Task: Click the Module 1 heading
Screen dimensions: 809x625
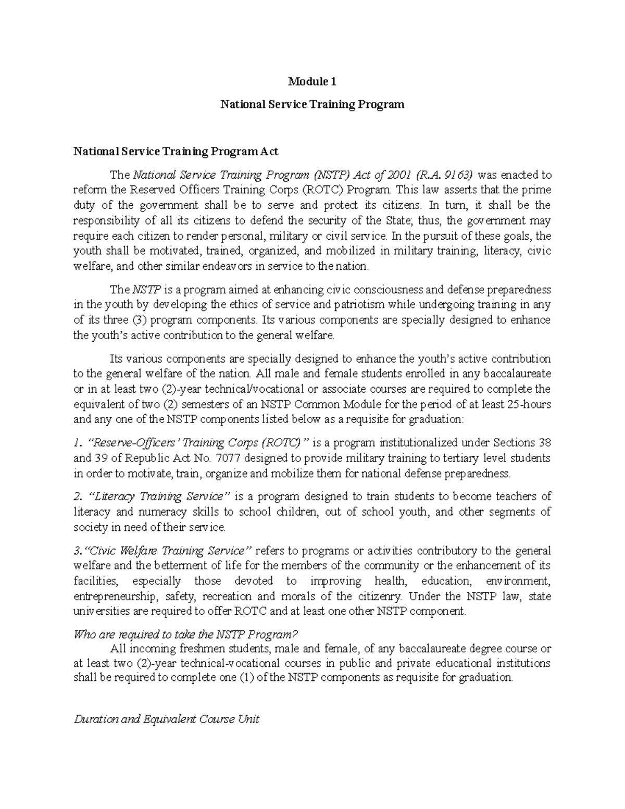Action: pyautogui.click(x=312, y=82)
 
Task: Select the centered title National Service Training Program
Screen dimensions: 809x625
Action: pyautogui.click(x=312, y=105)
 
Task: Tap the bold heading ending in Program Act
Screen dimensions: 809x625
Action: pyautogui.click(x=176, y=152)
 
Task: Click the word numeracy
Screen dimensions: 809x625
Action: pyautogui.click(x=165, y=512)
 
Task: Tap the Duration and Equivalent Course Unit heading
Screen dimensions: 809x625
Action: pyautogui.click(x=167, y=720)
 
